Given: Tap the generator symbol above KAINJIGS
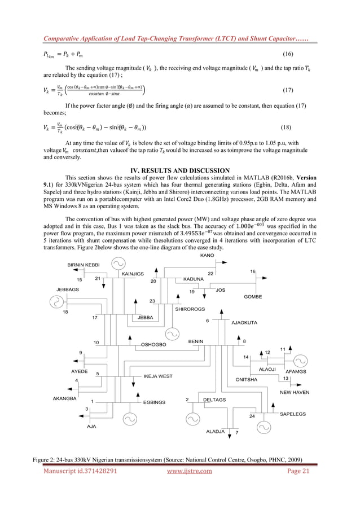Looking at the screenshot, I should pos(118,264).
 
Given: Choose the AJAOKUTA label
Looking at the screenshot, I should pos(244,323).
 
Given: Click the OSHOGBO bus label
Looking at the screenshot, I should pos(153,344).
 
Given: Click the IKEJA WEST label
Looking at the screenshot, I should pos(158,375).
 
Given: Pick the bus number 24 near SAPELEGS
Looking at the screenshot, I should pos(252,416).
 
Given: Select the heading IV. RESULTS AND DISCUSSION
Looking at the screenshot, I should pos(179,170).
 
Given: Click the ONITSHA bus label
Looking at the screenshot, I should pos(246,380).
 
